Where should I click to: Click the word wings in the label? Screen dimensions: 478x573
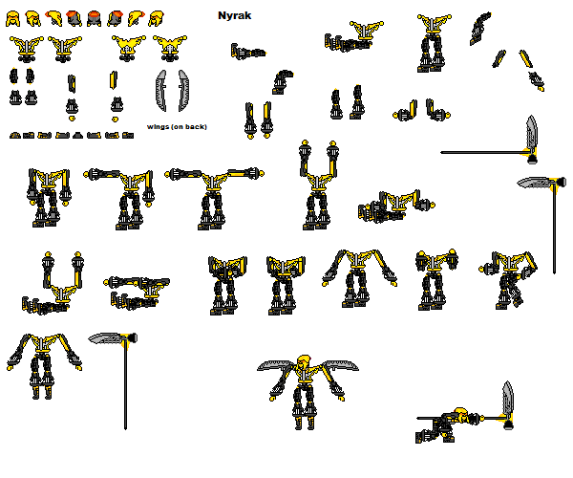[159, 126]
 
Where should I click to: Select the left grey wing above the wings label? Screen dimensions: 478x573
[161, 92]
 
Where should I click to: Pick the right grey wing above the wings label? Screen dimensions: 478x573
[185, 92]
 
